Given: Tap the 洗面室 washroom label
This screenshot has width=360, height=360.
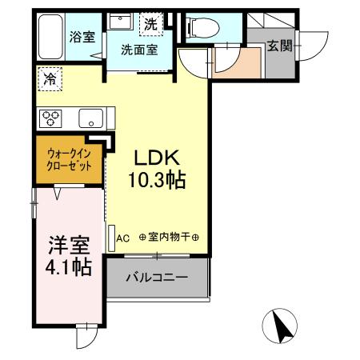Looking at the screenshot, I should pos(138,50).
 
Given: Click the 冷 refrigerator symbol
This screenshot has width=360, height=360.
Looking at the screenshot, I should pos(50,80).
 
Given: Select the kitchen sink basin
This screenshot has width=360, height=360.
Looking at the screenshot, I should pos(90,121).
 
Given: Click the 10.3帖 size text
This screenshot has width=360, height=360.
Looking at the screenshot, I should pos(158,181).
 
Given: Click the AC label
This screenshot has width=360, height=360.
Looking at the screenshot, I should pos(123,237).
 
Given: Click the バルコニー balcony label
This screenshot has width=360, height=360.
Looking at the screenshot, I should pos(157,279).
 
